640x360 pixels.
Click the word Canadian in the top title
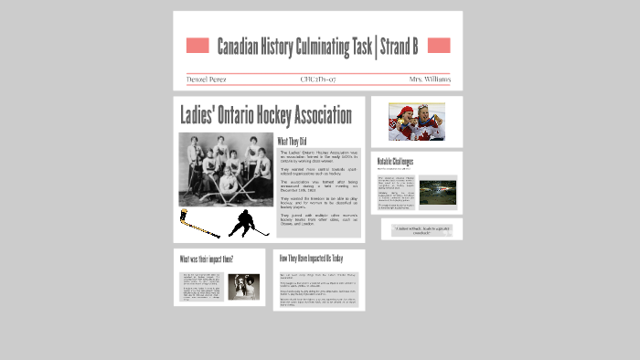pyautogui.click(x=240, y=46)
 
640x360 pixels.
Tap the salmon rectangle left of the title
pyautogui.click(x=197, y=46)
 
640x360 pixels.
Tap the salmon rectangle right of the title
pyautogui.click(x=439, y=46)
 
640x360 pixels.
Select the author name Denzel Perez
pyautogui.click(x=208, y=79)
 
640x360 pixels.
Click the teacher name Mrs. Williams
pyautogui.click(x=429, y=79)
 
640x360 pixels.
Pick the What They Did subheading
pyautogui.click(x=295, y=141)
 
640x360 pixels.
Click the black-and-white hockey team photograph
pyautogui.click(x=225, y=170)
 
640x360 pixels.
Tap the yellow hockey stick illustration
pyautogui.click(x=198, y=223)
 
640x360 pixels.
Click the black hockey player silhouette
pyautogui.click(x=245, y=223)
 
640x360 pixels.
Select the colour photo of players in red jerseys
pyautogui.click(x=416, y=121)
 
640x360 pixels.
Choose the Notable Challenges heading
pyautogui.click(x=395, y=162)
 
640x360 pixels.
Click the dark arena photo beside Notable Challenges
pyautogui.click(x=438, y=193)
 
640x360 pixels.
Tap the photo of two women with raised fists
pyautogui.click(x=244, y=289)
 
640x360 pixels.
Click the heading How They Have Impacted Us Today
pyautogui.click(x=311, y=259)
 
